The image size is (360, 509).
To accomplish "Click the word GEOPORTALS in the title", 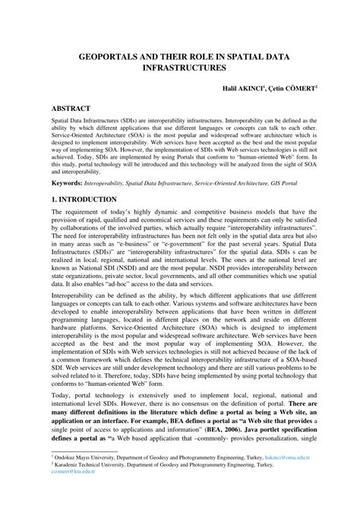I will coord(115,55).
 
